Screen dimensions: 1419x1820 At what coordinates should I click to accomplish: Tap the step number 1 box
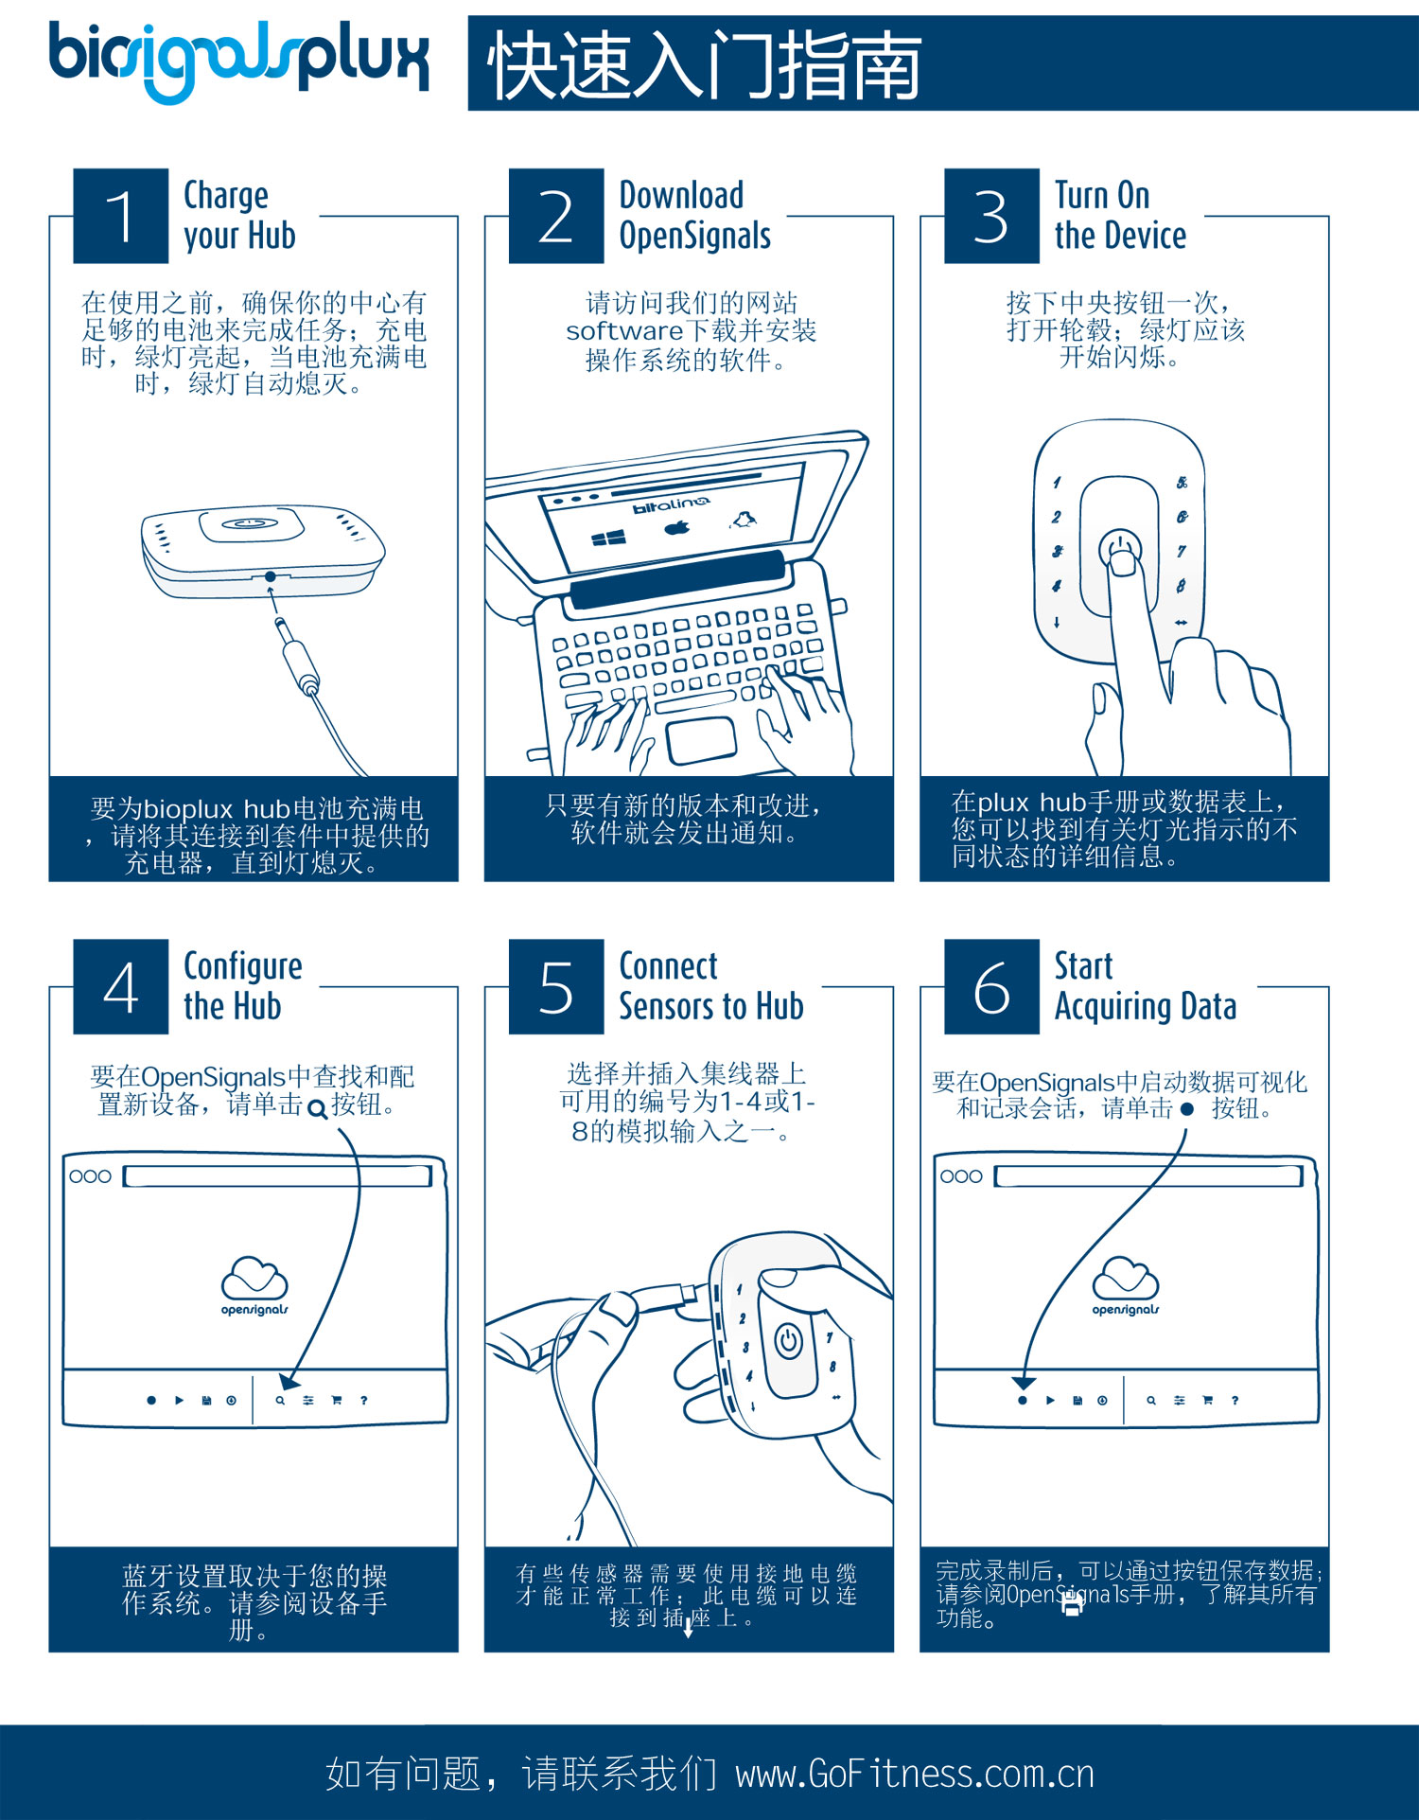[x=121, y=216]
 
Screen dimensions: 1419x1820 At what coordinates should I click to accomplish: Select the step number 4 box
[x=121, y=987]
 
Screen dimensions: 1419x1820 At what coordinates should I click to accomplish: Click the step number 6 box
[x=991, y=987]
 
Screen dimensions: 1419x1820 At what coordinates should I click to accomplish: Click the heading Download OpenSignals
[x=694, y=216]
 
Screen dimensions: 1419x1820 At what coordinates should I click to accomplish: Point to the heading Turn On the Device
[x=1120, y=216]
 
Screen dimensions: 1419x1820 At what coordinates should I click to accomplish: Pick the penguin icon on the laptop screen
[x=744, y=519]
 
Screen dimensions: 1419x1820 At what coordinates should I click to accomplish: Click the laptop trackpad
[x=701, y=740]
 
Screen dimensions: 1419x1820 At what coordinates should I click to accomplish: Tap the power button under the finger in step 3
[x=1119, y=550]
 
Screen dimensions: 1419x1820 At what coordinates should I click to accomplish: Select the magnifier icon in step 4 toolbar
[x=280, y=1400]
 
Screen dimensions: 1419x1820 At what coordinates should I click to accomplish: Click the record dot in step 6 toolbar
[x=1022, y=1400]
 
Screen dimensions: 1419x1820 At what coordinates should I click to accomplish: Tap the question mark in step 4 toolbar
[x=363, y=1400]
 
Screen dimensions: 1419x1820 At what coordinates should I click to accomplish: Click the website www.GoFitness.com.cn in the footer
[x=915, y=1774]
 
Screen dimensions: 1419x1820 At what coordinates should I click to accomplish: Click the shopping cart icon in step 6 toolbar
[x=1207, y=1400]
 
